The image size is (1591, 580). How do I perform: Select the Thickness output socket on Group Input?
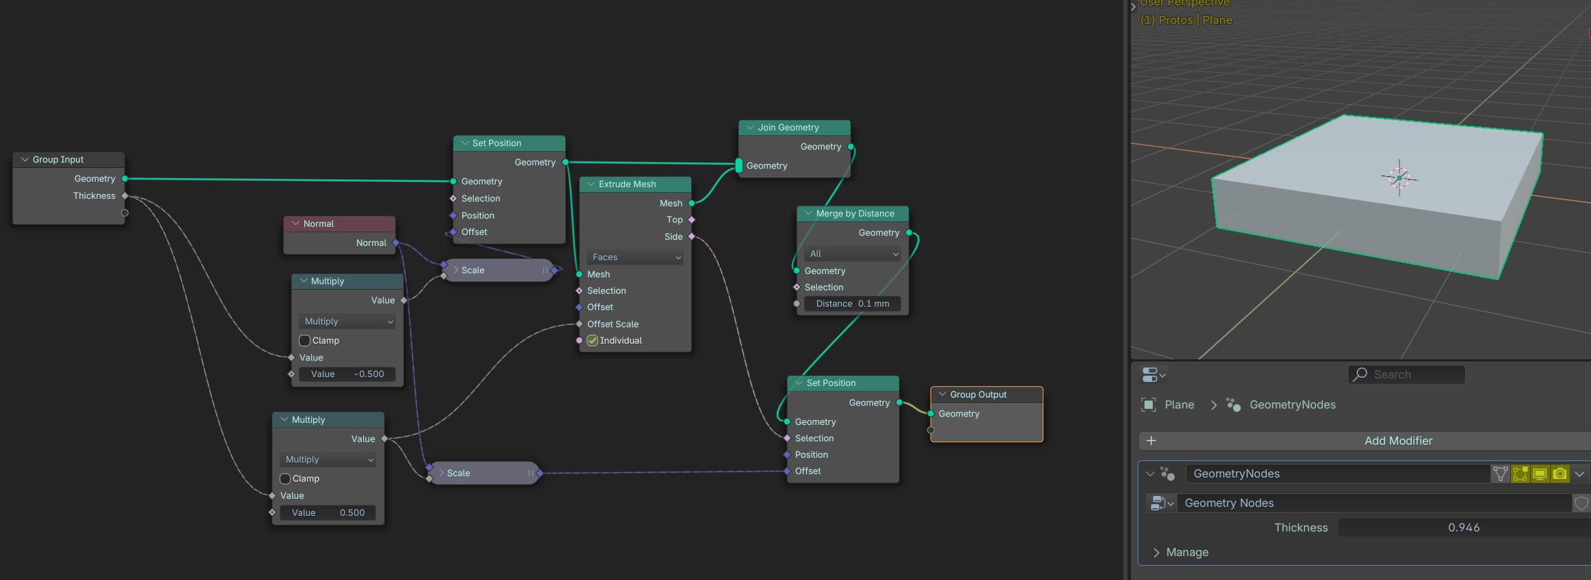coord(124,196)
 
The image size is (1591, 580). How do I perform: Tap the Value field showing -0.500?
coord(347,374)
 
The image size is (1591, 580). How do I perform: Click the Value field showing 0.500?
coord(328,513)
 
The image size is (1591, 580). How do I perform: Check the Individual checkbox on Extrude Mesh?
coord(593,341)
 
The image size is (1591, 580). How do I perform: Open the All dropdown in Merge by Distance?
coord(853,254)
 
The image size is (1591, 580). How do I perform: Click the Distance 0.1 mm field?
coord(853,304)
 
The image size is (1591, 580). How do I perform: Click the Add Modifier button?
coord(1398,441)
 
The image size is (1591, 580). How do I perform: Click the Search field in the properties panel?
coord(1407,375)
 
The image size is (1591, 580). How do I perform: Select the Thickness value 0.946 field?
coord(1463,528)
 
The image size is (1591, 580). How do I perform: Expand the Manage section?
coord(1186,553)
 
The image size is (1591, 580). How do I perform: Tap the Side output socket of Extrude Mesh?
coord(691,237)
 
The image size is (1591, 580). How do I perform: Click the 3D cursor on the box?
coord(1399,178)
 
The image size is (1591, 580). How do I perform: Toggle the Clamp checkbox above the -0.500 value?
coord(305,341)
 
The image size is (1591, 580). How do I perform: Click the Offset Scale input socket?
coord(580,324)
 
